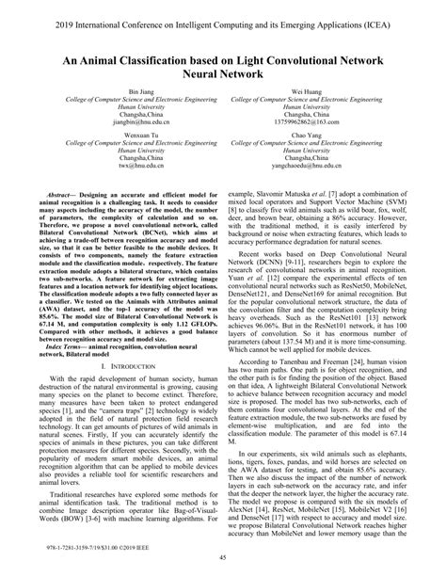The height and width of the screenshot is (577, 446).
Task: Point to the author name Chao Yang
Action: click(327, 161)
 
